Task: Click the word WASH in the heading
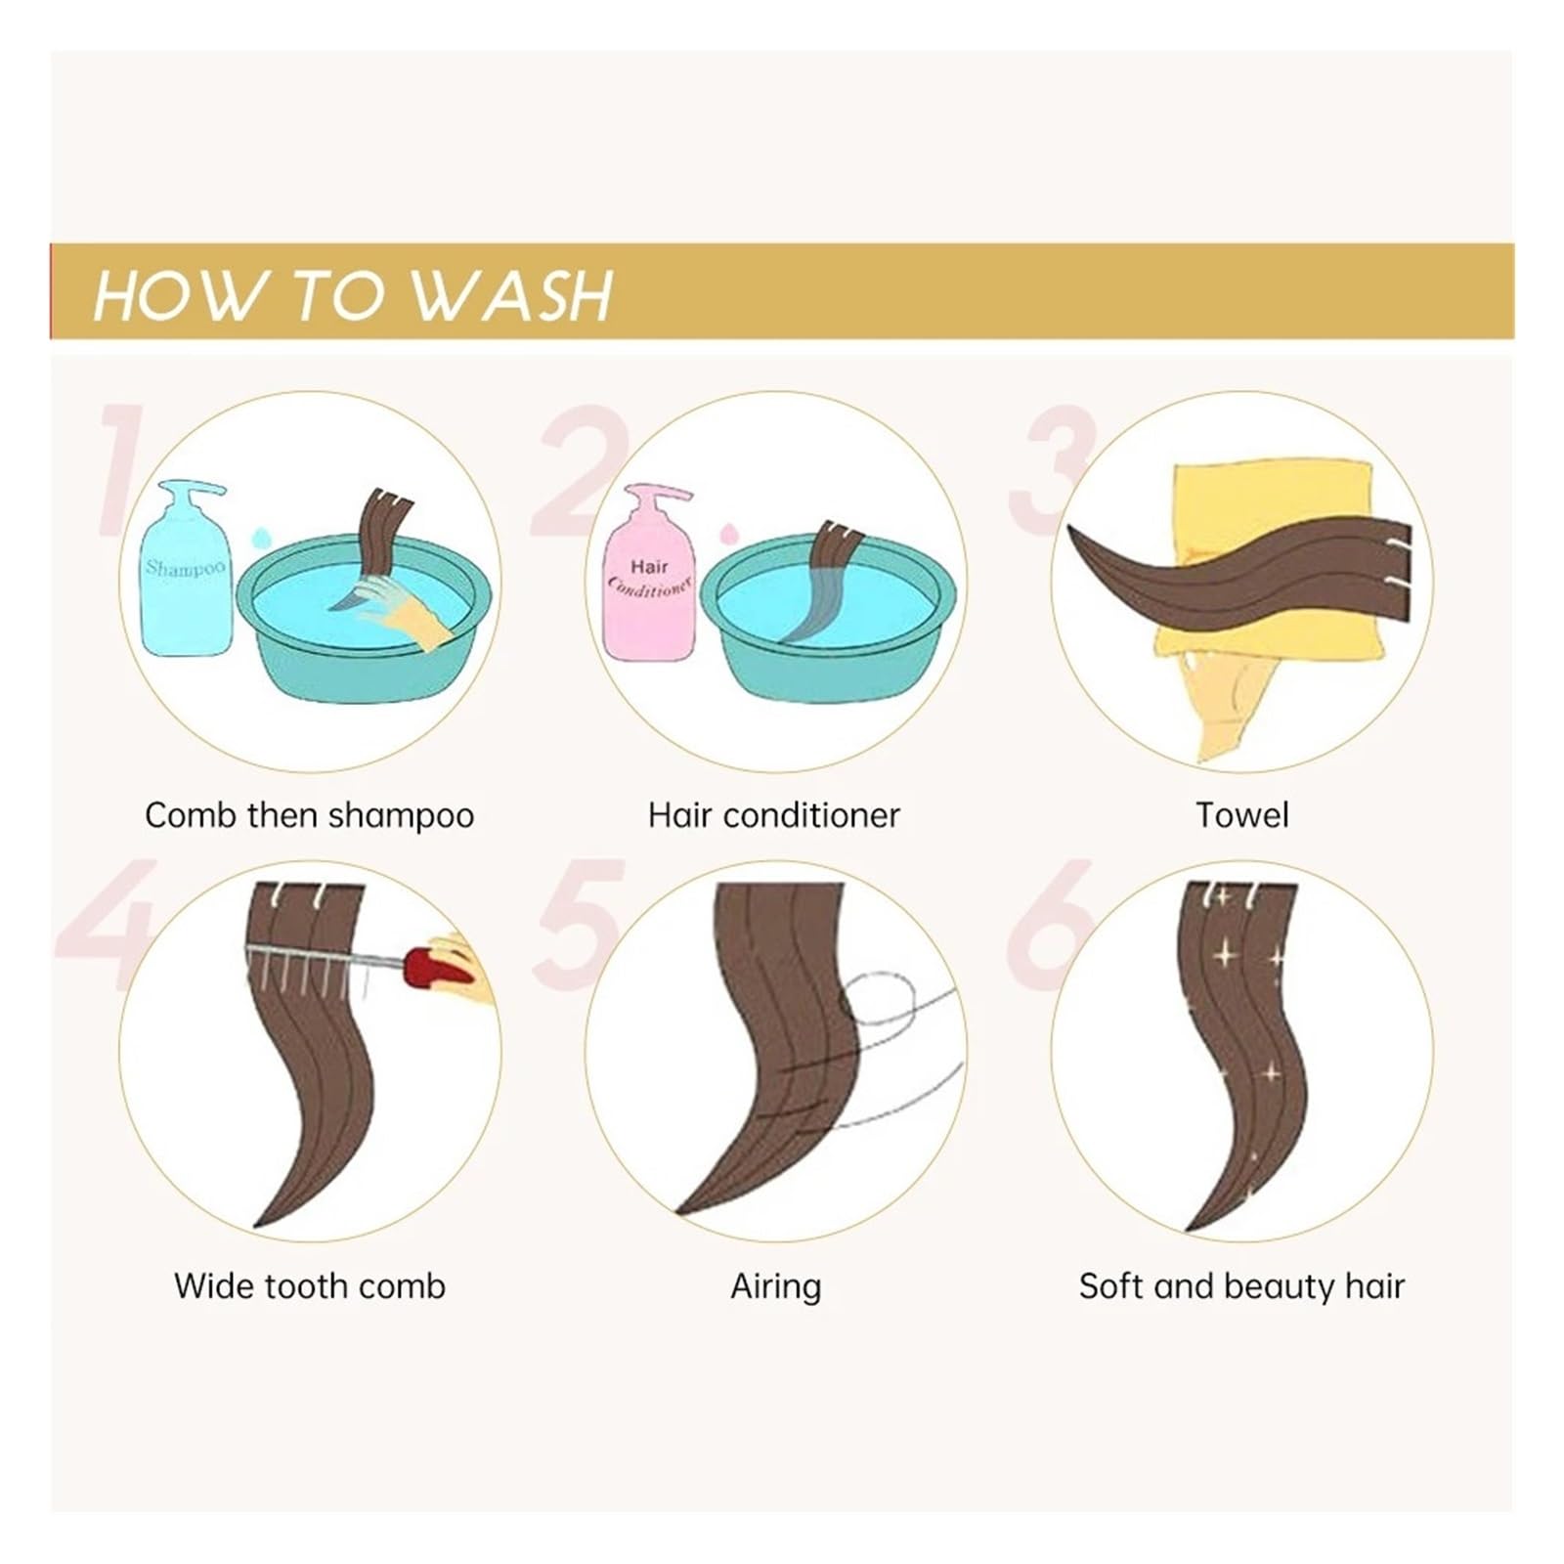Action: [x=511, y=294]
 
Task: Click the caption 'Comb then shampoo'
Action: [x=309, y=815]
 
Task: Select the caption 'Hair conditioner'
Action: [x=773, y=815]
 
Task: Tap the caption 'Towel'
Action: [x=1242, y=815]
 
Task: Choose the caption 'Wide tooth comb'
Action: [x=310, y=1285]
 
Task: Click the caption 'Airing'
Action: [x=776, y=1286]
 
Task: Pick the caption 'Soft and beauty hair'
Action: [x=1241, y=1286]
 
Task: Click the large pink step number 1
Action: [x=122, y=469]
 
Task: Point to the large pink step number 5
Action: [x=579, y=924]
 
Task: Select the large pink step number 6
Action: [x=1048, y=924]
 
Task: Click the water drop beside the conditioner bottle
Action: [x=726, y=534]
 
